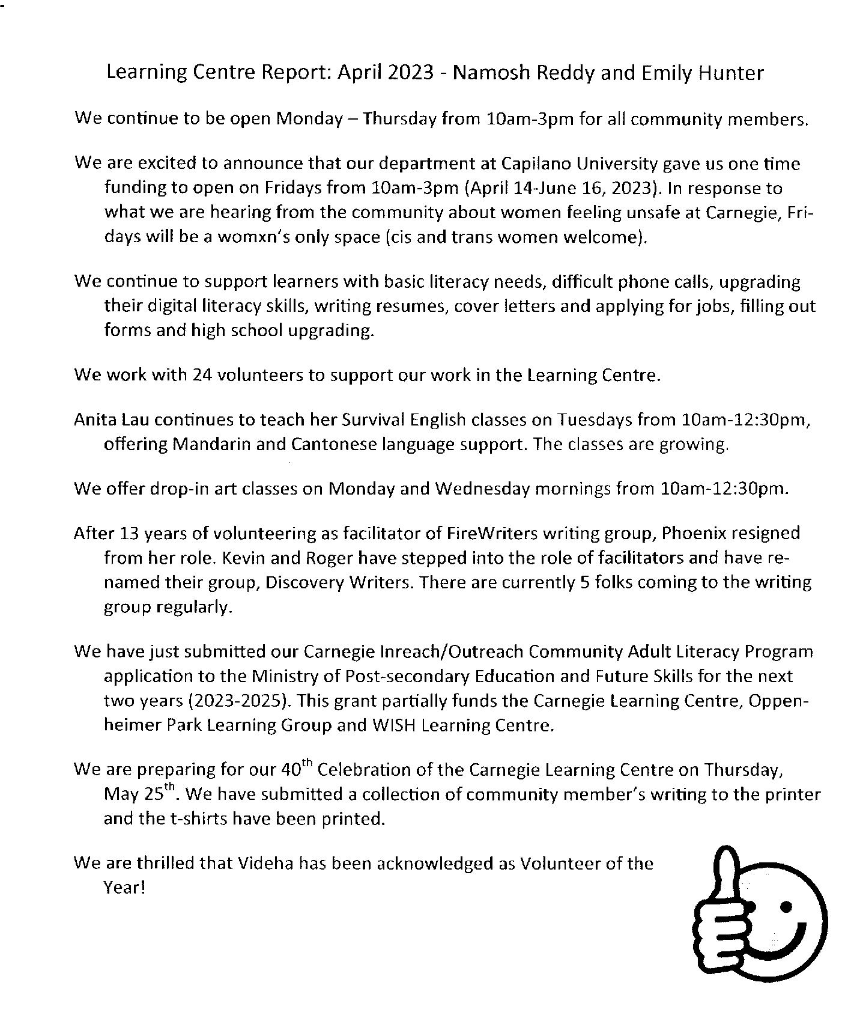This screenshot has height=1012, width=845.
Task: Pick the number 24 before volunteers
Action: click(202, 376)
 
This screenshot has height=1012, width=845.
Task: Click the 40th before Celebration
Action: click(297, 769)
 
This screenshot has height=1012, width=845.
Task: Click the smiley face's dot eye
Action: click(785, 906)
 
